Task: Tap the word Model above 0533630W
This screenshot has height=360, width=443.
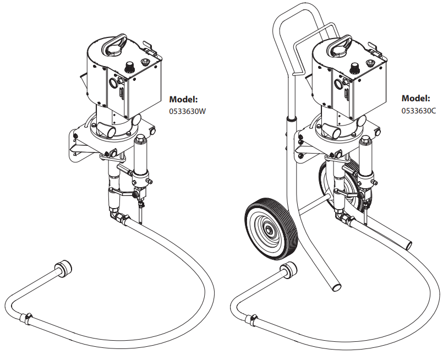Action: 183,100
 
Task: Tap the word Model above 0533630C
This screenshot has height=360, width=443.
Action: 415,99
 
